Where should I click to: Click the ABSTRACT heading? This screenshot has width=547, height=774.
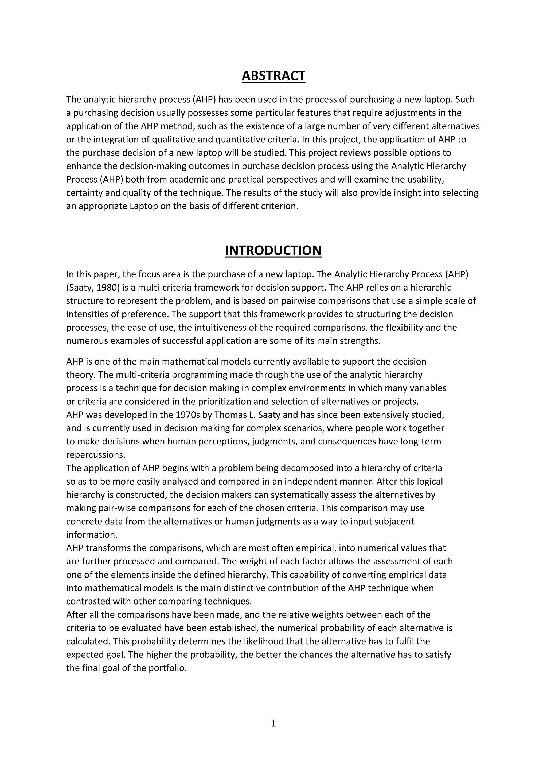tap(273, 76)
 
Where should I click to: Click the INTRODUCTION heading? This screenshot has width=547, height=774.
tap(273, 251)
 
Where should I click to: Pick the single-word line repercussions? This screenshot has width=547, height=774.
tap(96, 455)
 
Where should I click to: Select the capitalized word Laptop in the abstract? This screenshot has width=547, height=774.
tap(143, 206)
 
